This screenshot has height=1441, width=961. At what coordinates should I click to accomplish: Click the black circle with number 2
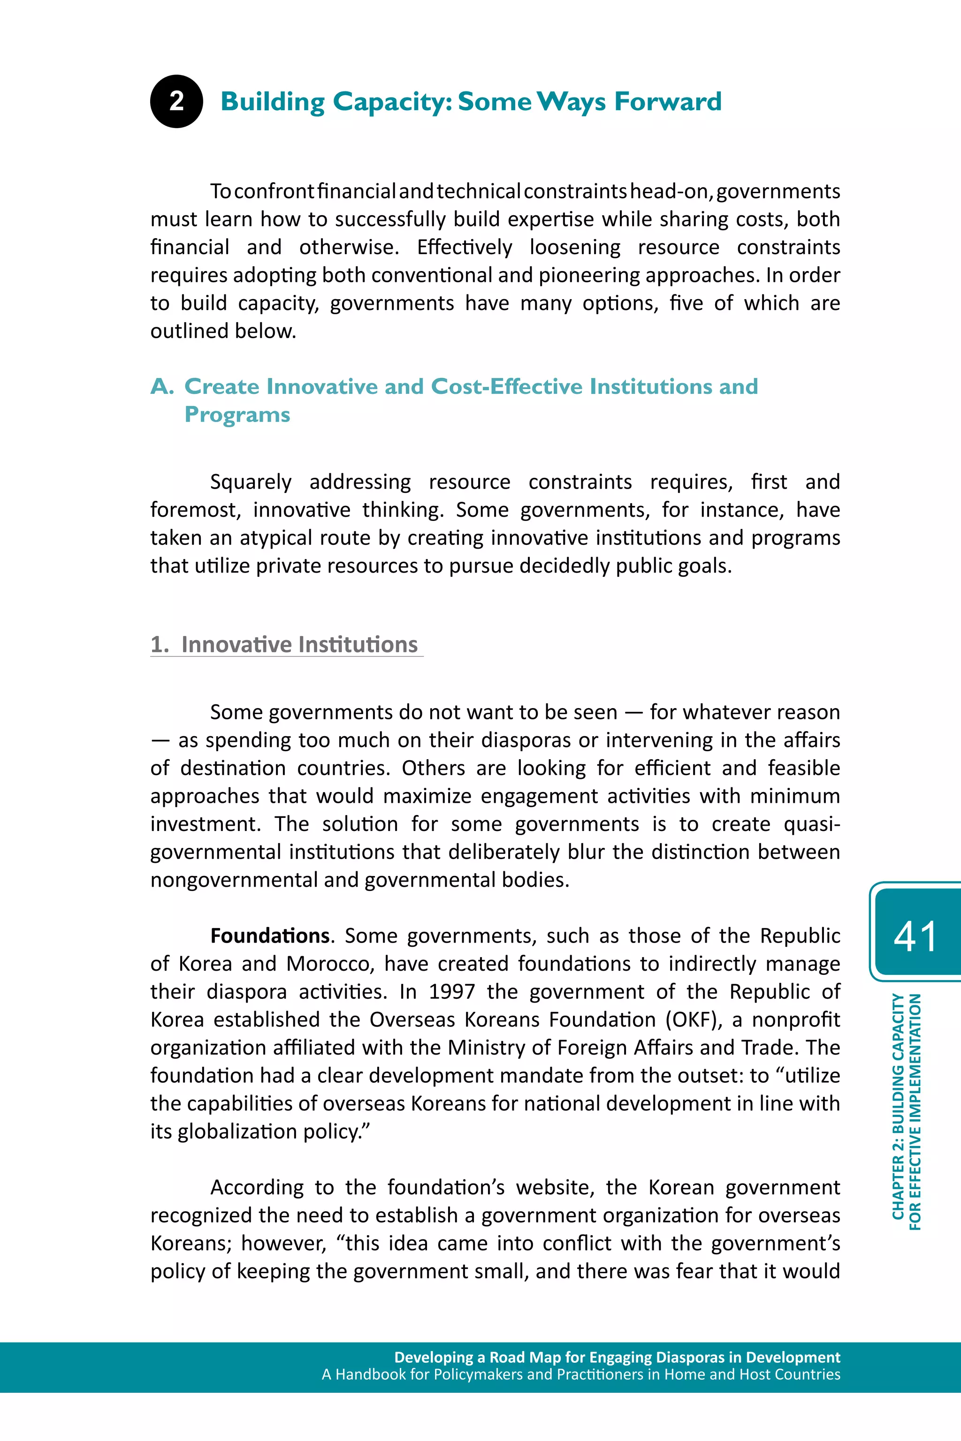[176, 102]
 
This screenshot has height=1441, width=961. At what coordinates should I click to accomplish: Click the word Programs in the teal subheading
[237, 415]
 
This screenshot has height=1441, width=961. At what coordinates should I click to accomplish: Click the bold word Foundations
[270, 936]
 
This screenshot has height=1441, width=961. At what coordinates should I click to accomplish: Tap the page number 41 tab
[915, 936]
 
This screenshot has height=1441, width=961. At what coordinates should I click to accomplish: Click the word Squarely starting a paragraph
[251, 482]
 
